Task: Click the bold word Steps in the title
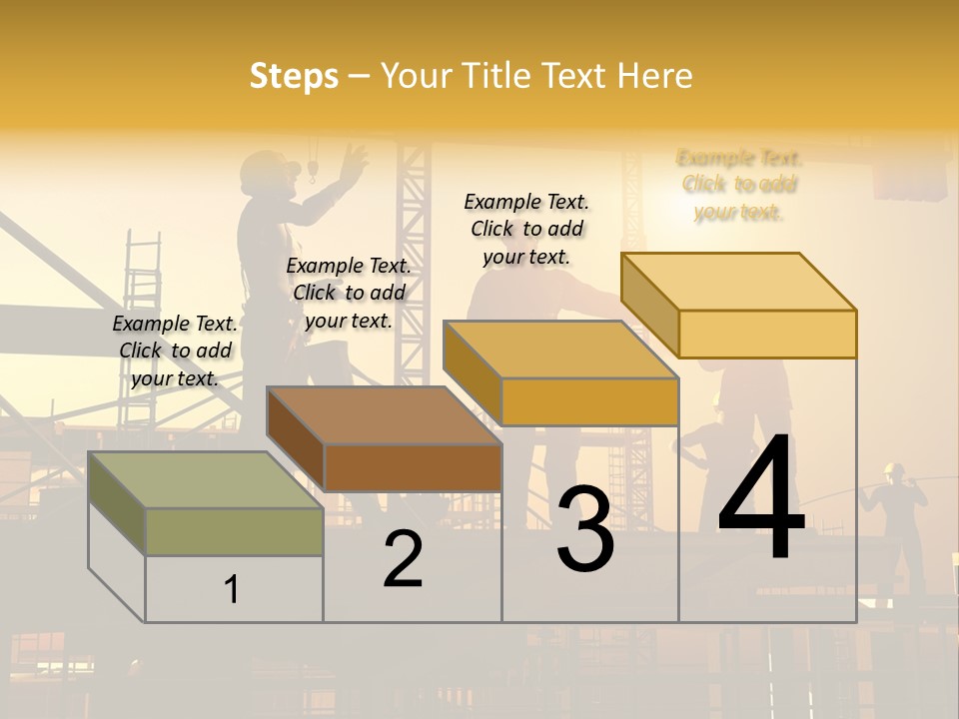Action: [294, 76]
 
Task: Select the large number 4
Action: [761, 498]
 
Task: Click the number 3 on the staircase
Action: [585, 528]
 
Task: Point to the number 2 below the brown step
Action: [403, 558]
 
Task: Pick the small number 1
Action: [232, 589]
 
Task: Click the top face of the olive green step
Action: [205, 479]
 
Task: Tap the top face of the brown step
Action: [385, 414]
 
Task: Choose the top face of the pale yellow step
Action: [739, 282]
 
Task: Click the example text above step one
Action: [175, 351]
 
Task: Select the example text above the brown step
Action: [349, 293]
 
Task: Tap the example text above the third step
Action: [526, 229]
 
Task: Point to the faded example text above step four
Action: [739, 185]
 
